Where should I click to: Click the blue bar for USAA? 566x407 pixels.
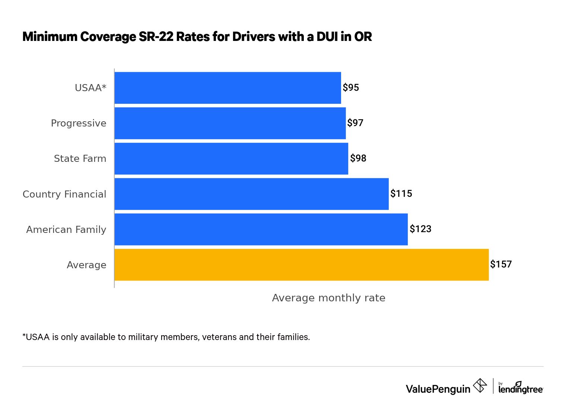228,88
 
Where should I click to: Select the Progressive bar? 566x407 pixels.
230,123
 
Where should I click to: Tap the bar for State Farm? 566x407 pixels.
231,158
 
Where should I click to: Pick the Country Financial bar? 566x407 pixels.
251,194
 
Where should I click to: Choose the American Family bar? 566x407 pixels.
261,229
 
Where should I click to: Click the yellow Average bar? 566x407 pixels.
301,265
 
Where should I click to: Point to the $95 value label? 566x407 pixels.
351,88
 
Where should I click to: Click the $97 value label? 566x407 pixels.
355,123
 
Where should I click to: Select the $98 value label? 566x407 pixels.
358,158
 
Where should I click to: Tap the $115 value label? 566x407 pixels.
401,194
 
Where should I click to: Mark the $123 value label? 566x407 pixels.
420,229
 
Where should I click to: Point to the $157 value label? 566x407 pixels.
501,265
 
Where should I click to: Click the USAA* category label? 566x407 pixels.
90,88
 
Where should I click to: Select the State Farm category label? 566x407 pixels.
80,158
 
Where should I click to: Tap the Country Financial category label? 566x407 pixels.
64,194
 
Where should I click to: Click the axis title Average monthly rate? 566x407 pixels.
328,298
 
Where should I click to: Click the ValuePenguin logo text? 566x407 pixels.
438,389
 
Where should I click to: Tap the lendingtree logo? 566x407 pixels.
521,388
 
